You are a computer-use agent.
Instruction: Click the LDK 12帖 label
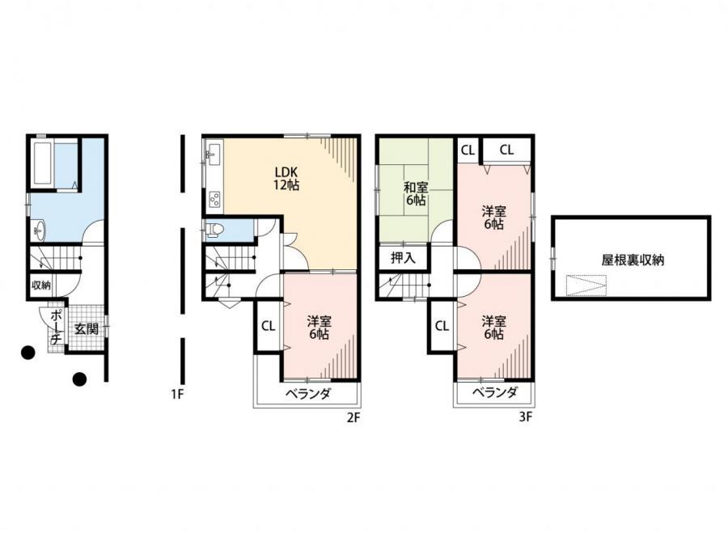coord(286,178)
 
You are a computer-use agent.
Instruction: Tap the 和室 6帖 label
coord(416,194)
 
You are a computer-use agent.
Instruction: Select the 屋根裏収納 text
coord(633,260)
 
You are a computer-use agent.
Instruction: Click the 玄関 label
coord(87,329)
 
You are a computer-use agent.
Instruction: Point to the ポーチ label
coord(55,327)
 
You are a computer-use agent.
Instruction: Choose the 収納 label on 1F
coord(41,285)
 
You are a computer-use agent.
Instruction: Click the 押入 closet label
coord(403,258)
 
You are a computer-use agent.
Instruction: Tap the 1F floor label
coord(177,394)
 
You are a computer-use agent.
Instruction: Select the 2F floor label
coord(353,418)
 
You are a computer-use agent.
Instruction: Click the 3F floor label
coord(525,417)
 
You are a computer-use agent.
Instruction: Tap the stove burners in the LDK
coord(214,200)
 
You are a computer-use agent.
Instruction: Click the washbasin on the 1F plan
coord(39,230)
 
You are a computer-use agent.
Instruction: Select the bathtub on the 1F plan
coord(43,163)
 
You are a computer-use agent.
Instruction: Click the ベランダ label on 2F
coord(308,394)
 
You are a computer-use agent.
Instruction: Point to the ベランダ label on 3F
coord(495,393)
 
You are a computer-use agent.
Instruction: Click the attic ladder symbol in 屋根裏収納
coord(586,285)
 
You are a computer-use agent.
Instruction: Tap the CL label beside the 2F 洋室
coord(268,326)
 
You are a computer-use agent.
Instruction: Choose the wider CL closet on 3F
coord(506,150)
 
